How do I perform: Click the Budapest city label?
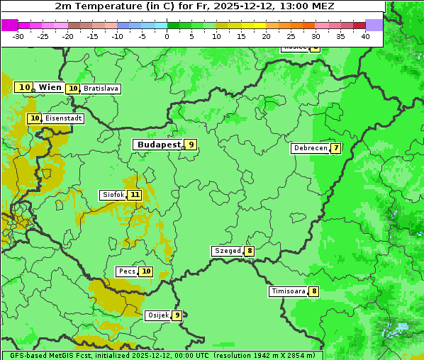point(158,145)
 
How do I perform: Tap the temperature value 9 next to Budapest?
point(190,145)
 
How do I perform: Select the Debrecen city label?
point(310,149)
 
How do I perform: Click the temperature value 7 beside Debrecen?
point(335,149)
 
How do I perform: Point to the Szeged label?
point(227,251)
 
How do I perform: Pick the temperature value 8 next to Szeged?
point(250,251)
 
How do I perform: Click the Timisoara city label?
point(289,291)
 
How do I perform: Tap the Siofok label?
point(112,195)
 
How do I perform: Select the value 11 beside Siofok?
point(134,195)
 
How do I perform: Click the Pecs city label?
point(127,271)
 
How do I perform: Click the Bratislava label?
point(100,89)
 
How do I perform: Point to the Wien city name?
point(50,87)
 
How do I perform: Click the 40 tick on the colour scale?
point(365,35)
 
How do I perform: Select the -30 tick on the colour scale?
point(18,35)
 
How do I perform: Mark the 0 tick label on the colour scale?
point(167,35)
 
